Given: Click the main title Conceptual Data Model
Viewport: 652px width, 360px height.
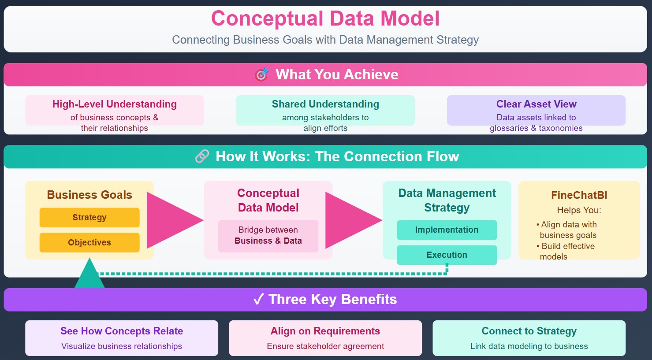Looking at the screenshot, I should point(325,19).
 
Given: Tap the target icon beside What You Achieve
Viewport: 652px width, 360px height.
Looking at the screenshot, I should point(262,74).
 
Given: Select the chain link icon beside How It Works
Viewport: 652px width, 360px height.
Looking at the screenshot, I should point(202,156).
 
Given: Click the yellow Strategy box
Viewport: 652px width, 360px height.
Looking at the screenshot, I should point(89,218).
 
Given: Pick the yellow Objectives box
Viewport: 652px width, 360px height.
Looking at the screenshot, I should point(89,242).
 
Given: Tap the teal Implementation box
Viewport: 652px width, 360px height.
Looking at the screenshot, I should point(447,230).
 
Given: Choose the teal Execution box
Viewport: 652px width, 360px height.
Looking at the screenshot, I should point(447,255).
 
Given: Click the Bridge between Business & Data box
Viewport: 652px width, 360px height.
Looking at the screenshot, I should point(268,236).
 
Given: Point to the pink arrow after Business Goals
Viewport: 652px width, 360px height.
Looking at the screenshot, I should point(172,221).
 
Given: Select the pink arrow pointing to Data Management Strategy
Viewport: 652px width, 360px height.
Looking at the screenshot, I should point(350,221).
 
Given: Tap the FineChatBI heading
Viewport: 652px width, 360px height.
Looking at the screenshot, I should point(579,195).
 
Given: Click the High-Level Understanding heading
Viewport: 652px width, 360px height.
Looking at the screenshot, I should point(115,104).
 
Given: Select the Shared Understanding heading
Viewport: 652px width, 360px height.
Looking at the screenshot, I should point(325,104).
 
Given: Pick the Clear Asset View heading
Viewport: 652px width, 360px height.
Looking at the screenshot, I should point(536,104).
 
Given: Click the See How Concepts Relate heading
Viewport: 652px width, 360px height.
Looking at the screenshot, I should point(122,331).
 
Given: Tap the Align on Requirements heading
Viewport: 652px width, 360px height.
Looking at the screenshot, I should point(325,331).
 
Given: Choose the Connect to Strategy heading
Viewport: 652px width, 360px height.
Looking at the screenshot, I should point(529,331).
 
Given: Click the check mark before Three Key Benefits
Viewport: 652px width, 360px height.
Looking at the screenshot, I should point(259,300).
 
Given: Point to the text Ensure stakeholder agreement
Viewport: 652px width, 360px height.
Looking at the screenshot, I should point(325,346).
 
